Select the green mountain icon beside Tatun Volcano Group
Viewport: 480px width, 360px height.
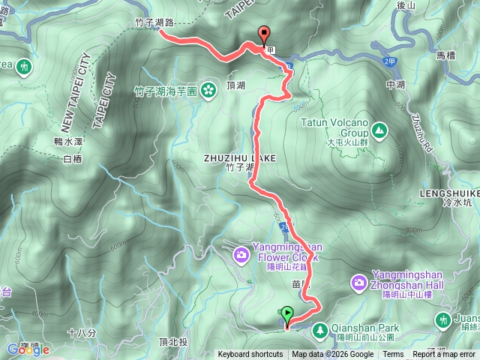pos(380,130)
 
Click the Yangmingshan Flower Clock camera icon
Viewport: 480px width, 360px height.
pos(241,255)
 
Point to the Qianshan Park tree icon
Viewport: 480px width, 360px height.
pos(319,328)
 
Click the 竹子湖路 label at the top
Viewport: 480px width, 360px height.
pos(154,23)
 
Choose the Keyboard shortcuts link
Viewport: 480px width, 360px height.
pos(250,355)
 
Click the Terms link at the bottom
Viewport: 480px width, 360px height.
pos(393,355)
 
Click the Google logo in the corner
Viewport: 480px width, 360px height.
pos(28,349)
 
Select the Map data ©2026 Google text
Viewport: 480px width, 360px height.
pos(333,355)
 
